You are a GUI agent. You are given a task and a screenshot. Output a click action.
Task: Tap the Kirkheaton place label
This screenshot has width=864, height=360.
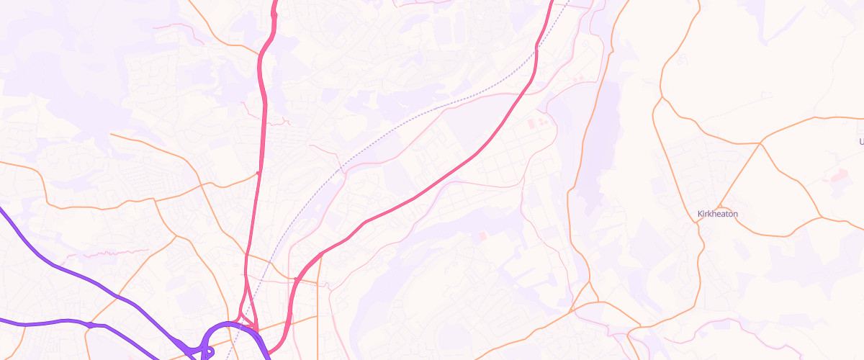coord(718,214)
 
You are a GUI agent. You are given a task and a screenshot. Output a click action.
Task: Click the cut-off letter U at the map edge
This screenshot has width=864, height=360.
coord(861,142)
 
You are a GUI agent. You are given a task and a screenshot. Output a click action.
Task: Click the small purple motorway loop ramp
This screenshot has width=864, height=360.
coord(207,353)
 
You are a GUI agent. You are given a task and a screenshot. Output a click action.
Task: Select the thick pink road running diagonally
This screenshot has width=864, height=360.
coord(432,187)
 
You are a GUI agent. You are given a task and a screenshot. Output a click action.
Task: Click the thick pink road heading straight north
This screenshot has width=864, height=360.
coord(261,108)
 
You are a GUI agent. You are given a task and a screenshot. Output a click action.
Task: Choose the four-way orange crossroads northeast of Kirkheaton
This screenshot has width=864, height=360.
coord(760,143)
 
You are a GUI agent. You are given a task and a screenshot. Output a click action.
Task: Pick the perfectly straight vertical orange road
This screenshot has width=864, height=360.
coord(318,302)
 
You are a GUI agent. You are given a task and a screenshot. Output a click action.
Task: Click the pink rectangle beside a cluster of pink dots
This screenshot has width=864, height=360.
coord(533,125)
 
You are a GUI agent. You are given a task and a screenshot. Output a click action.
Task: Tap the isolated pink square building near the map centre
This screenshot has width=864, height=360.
coord(482,235)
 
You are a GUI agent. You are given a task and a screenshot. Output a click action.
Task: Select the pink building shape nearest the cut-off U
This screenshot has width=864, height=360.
coord(838,175)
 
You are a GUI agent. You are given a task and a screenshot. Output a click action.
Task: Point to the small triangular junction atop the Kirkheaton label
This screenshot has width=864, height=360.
coord(720,203)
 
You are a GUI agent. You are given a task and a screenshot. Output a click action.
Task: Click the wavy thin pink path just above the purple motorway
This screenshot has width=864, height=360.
coord(108,253)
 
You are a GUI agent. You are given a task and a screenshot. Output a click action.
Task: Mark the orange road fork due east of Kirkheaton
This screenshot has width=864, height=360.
coord(822,216)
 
